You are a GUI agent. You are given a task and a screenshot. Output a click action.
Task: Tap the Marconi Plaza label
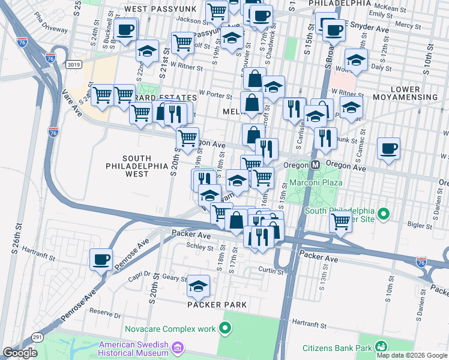click(316, 182)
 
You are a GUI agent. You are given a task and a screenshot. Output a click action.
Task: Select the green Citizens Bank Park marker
click(380, 346)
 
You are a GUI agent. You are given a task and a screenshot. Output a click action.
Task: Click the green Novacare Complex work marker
click(225, 328)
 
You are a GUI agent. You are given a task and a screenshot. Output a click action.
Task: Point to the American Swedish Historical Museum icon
click(177, 348)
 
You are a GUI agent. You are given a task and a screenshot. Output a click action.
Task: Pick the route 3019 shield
click(74, 64)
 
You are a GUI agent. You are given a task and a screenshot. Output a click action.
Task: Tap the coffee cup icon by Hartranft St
click(101, 259)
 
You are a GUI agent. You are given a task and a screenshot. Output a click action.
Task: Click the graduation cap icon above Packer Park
click(198, 286)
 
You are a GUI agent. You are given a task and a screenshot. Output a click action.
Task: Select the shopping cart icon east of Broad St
click(341, 221)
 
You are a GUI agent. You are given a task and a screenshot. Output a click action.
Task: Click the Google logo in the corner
click(20, 353)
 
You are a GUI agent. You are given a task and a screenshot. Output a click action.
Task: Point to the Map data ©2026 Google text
click(412, 355)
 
